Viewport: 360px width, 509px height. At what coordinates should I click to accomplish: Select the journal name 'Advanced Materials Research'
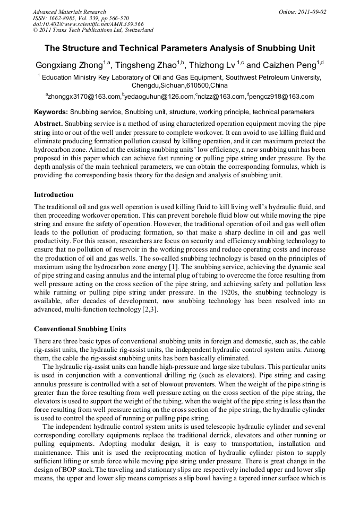pos(70,12)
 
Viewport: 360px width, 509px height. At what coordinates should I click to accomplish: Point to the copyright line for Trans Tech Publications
pos(93,30)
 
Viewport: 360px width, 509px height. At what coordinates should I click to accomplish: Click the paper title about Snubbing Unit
pos(179,48)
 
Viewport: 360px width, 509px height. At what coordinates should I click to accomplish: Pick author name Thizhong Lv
pos(213,66)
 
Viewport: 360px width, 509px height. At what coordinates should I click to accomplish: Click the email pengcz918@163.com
pos(281,97)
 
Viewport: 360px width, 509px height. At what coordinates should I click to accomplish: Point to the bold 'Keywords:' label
pos(50,112)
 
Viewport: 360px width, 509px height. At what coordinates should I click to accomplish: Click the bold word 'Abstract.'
pos(48,123)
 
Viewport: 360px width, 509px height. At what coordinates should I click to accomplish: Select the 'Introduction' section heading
pos(54,195)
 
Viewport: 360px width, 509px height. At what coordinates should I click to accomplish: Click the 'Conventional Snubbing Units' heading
pos(80,329)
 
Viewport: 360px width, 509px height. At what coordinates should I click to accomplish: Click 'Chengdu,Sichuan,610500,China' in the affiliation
pos(179,85)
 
